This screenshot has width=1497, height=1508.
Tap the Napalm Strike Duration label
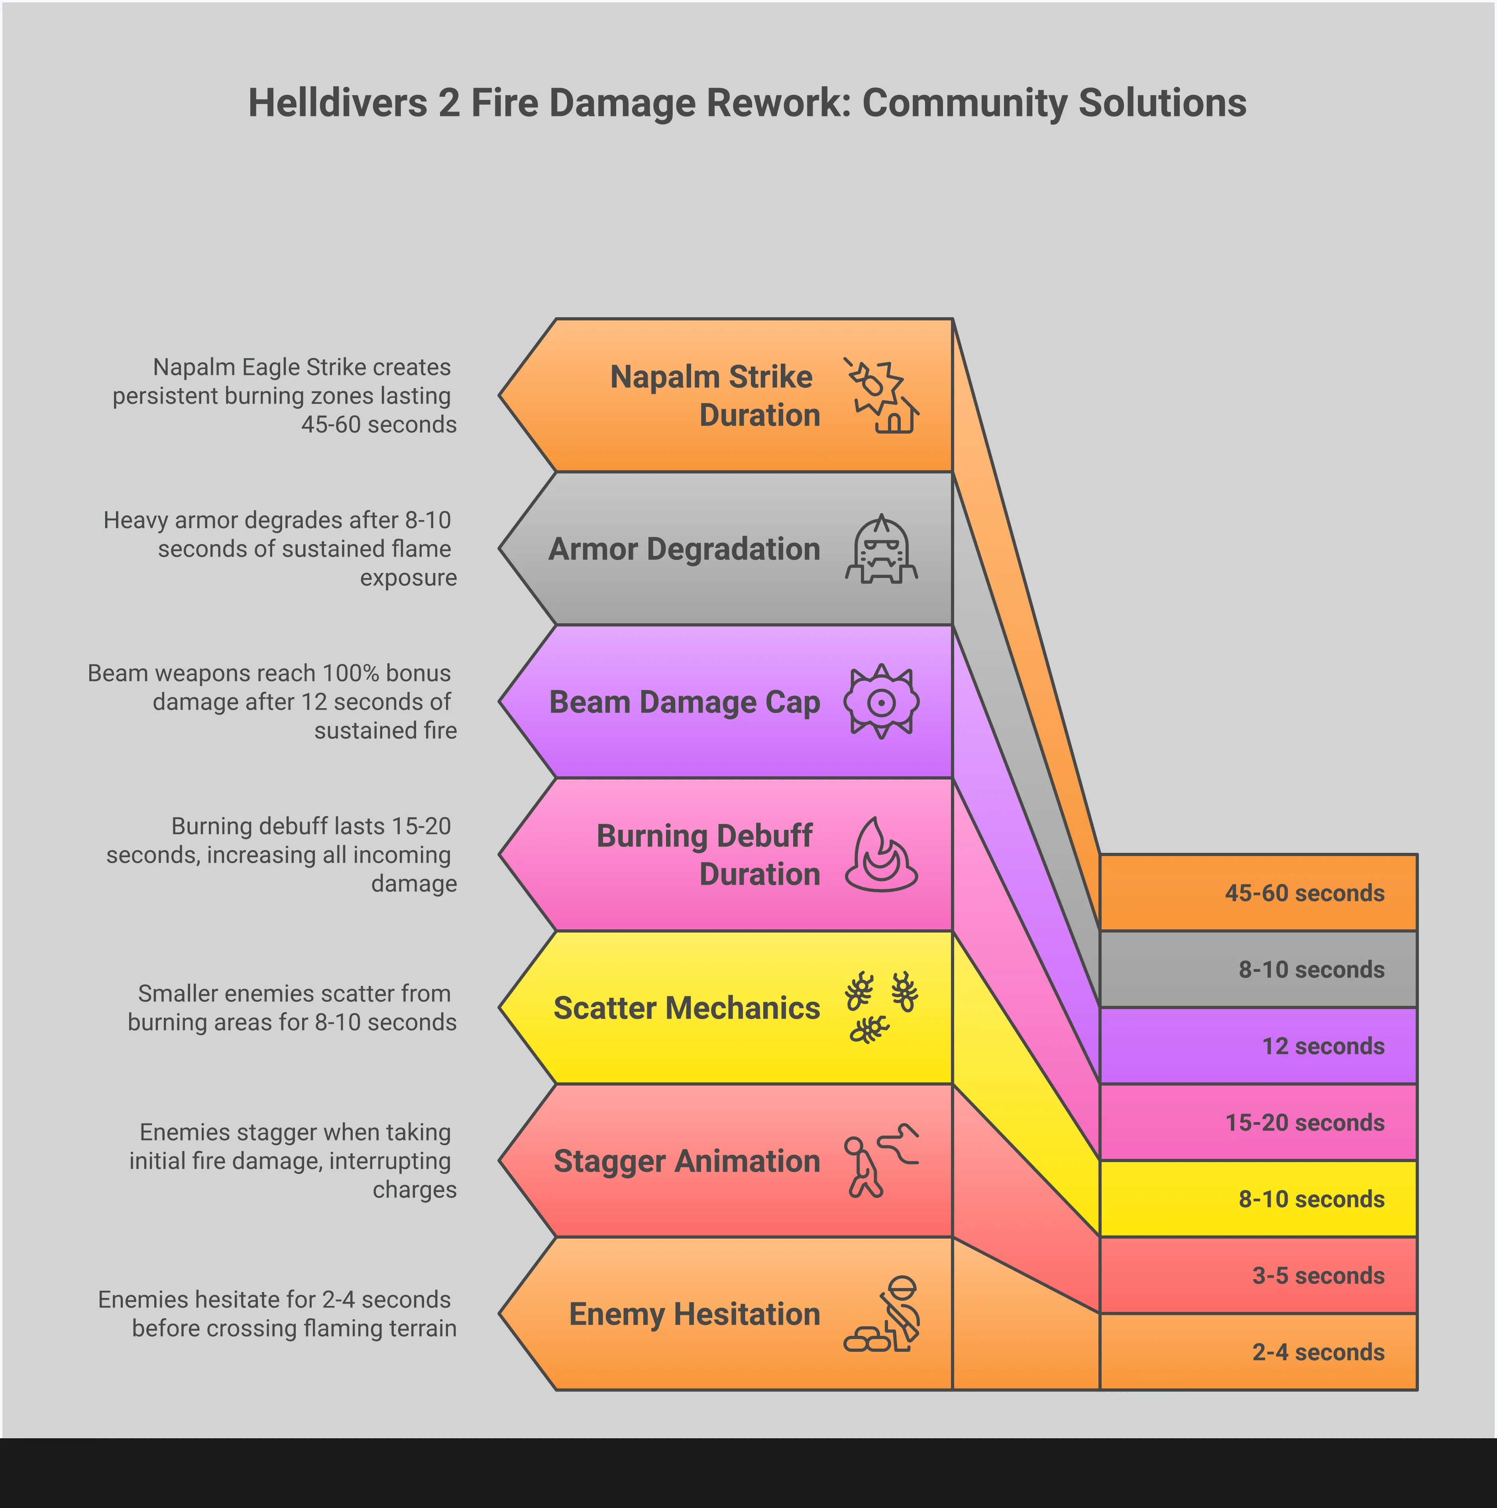[715, 396]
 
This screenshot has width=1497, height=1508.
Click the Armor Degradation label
[684, 549]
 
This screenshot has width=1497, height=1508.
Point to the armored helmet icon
[881, 549]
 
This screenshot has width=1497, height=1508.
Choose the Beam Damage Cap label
[684, 702]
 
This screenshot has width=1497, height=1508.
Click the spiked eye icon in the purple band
[881, 702]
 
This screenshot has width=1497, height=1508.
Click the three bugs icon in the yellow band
[881, 1008]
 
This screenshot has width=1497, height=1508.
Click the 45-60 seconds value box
[1258, 892]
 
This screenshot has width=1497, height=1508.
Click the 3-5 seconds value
[1318, 1275]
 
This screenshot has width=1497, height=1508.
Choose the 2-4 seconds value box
[1258, 1352]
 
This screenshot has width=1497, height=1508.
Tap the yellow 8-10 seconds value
[1311, 1199]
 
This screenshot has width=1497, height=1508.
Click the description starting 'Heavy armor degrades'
[279, 549]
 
